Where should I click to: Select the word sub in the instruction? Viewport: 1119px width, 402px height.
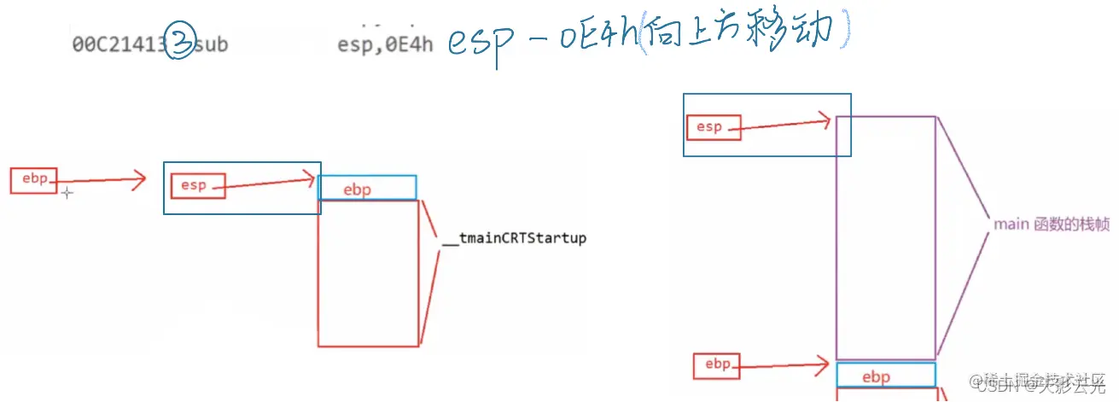(212, 44)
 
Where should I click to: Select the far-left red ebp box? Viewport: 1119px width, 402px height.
(34, 180)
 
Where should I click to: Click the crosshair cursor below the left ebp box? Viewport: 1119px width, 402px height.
(67, 194)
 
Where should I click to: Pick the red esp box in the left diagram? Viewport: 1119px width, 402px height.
(197, 185)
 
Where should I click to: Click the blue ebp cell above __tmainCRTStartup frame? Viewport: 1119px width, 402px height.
(367, 188)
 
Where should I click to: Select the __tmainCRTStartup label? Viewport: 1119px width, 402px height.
(514, 238)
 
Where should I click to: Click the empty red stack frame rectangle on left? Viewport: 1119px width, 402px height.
(368, 273)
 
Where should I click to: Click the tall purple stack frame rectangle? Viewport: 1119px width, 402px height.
(885, 237)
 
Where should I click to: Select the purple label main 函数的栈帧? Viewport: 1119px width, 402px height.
(1051, 224)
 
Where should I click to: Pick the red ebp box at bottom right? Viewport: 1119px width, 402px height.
(718, 365)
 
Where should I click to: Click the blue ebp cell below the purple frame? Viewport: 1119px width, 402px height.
(885, 376)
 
